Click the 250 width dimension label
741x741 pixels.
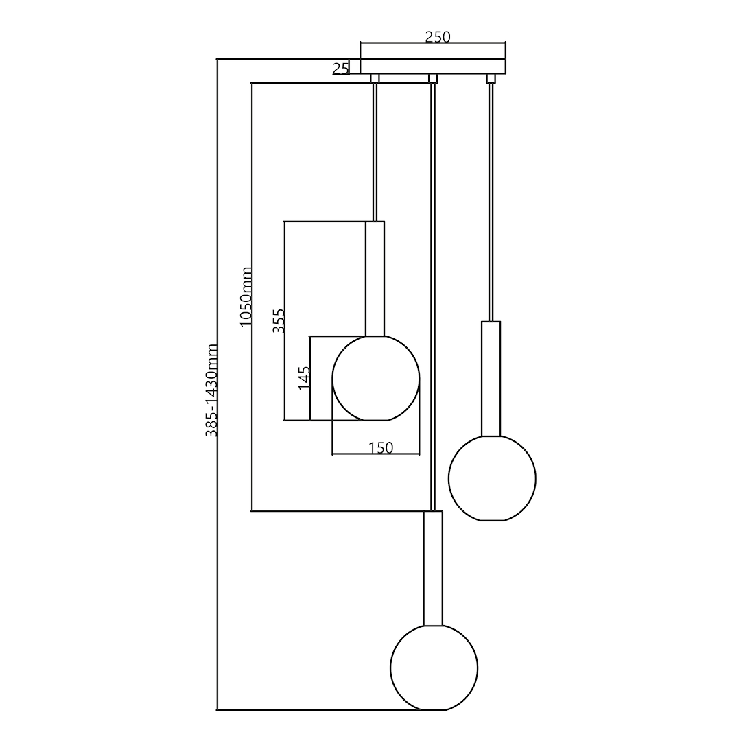(x=438, y=37)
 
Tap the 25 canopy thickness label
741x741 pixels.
(x=341, y=68)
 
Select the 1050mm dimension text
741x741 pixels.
(x=246, y=296)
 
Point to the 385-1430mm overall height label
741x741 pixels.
(x=212, y=390)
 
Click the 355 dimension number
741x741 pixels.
(x=279, y=321)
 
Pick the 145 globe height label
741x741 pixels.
(x=304, y=378)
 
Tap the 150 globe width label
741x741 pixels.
(x=381, y=448)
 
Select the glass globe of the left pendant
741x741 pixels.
(x=375, y=378)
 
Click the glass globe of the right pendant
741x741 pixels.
(x=492, y=478)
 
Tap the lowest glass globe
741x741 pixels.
(x=434, y=668)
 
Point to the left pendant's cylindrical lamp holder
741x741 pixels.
(x=375, y=279)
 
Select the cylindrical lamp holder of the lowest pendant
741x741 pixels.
(x=433, y=568)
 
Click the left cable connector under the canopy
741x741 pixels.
(x=375, y=78)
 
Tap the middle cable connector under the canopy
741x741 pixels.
(x=433, y=78)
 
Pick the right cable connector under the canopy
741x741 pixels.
(x=491, y=78)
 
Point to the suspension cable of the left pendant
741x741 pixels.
(x=375, y=151)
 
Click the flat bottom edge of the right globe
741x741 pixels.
(x=492, y=520)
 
